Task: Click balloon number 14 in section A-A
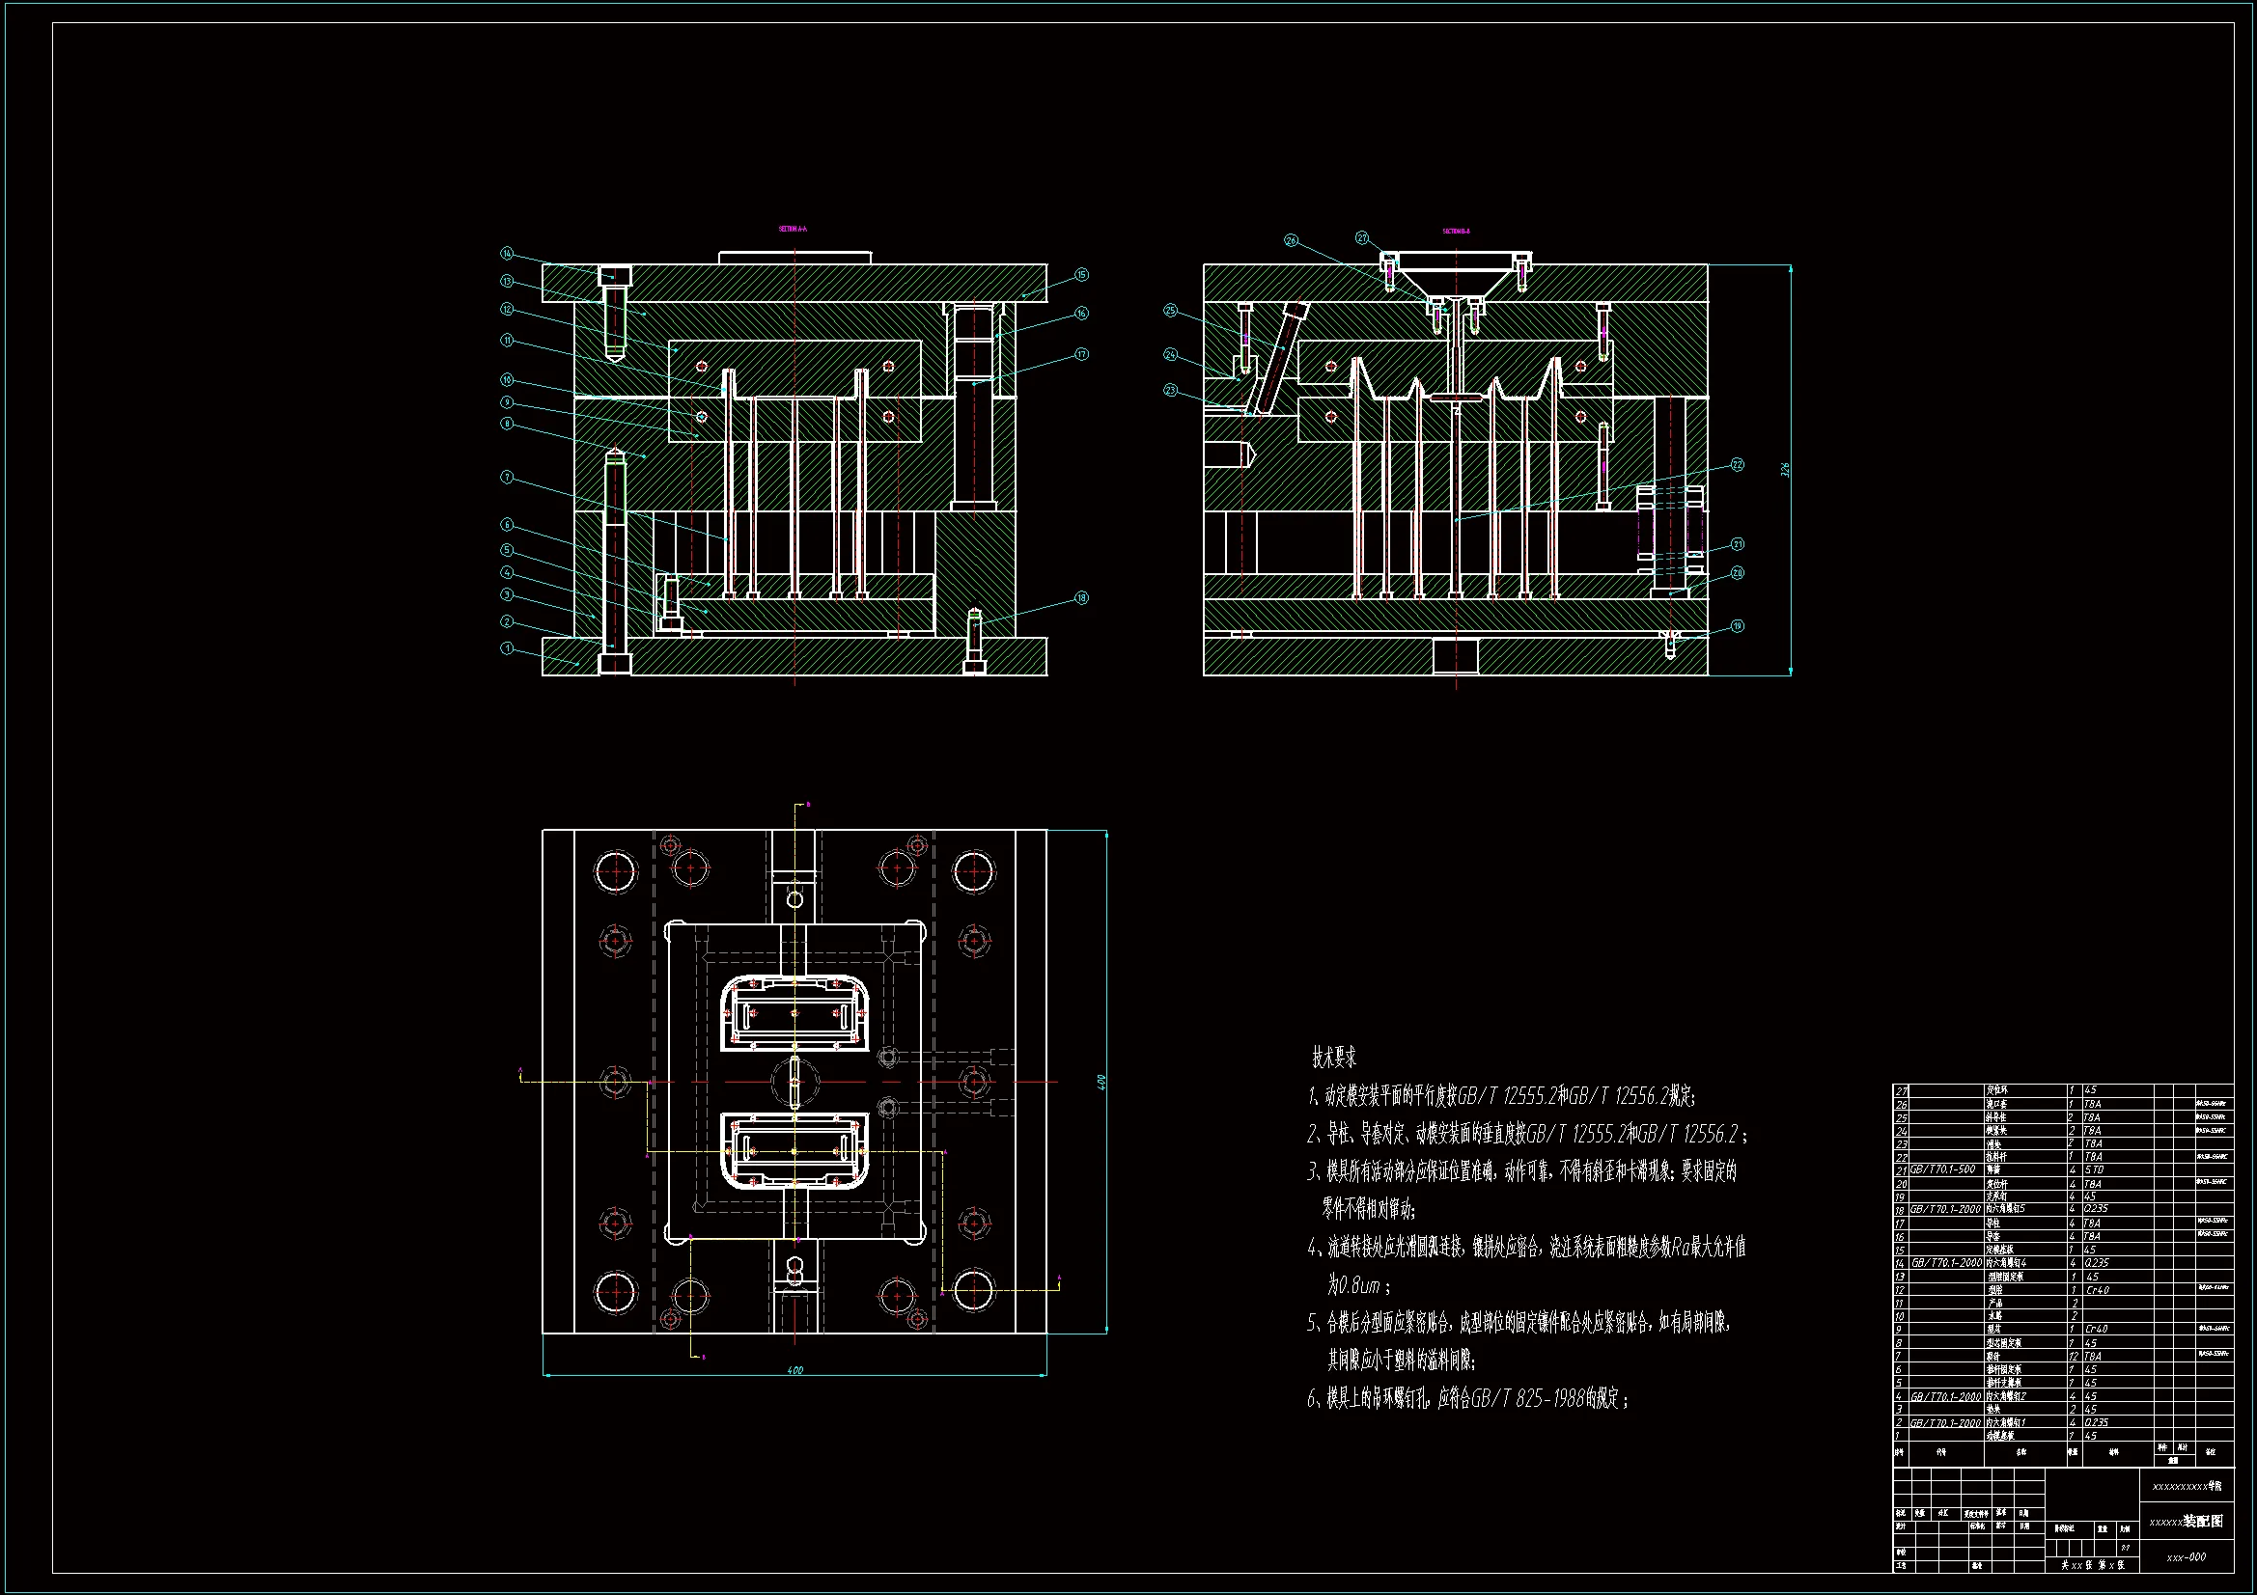coord(507,254)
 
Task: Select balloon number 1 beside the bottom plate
coord(507,648)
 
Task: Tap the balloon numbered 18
coord(1081,597)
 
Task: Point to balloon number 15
coord(1081,275)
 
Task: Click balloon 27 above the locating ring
coord(1362,237)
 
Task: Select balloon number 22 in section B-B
coord(1737,464)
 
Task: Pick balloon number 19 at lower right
coord(1737,626)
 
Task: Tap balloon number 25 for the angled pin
coord(1170,311)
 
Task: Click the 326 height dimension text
coord(1785,470)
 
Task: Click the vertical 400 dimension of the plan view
coord(1102,1081)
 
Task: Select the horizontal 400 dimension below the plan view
coord(794,1370)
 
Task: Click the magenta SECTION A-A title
coord(793,229)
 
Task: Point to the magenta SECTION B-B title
coord(1456,232)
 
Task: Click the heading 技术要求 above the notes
coord(1334,1059)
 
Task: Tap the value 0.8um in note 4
coord(1359,1285)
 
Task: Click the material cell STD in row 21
coord(2094,1170)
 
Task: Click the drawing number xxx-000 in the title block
coord(2187,1556)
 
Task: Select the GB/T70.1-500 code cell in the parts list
coord(1942,1169)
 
